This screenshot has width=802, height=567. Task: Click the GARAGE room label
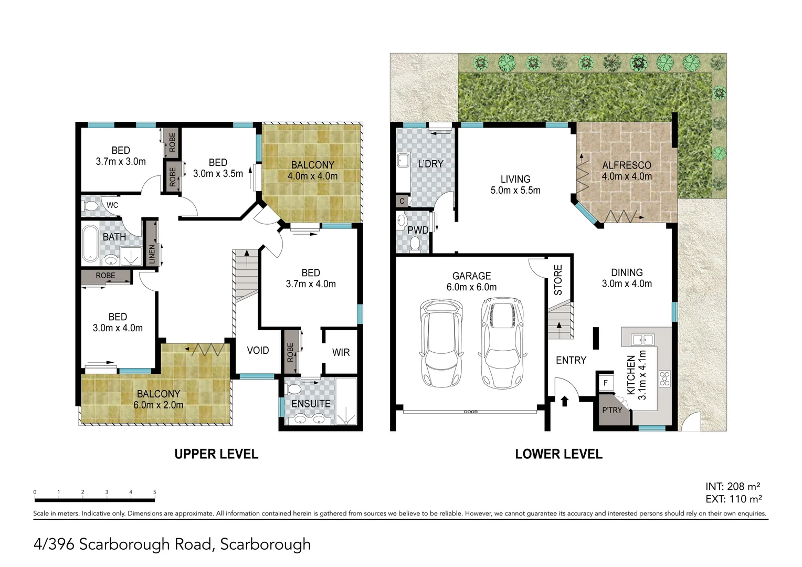(471, 276)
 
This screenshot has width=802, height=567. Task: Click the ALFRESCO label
(626, 165)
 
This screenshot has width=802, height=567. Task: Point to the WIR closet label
(341, 352)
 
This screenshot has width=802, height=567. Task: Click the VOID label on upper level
(258, 350)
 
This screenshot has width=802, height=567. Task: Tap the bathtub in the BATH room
(90, 244)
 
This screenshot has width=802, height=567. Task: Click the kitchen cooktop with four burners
(665, 379)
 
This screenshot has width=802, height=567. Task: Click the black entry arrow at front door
(564, 402)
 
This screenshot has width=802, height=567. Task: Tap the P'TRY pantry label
(611, 410)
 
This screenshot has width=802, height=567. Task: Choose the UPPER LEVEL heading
(216, 454)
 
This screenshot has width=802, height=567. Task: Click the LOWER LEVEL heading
(558, 454)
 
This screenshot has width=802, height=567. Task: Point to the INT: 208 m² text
(734, 486)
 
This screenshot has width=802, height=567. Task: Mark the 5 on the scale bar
(154, 492)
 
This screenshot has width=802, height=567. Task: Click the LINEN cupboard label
(152, 254)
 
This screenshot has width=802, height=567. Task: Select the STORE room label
(558, 279)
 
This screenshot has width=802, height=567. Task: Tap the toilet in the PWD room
(415, 244)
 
